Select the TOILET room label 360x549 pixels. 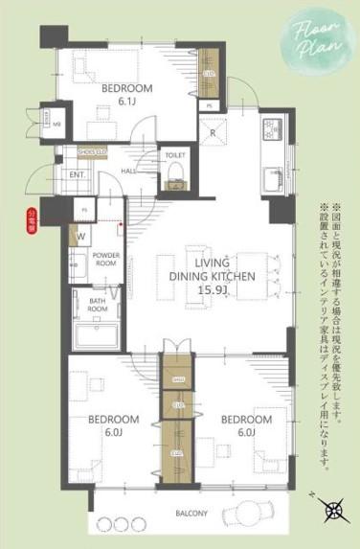click(x=175, y=153)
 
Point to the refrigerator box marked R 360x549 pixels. click(x=210, y=132)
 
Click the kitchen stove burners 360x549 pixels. click(x=269, y=126)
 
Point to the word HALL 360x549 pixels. click(x=128, y=172)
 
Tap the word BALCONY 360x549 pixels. click(x=191, y=514)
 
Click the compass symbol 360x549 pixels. click(x=333, y=511)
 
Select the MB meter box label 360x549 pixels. click(x=56, y=124)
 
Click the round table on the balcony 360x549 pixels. click(x=251, y=513)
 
